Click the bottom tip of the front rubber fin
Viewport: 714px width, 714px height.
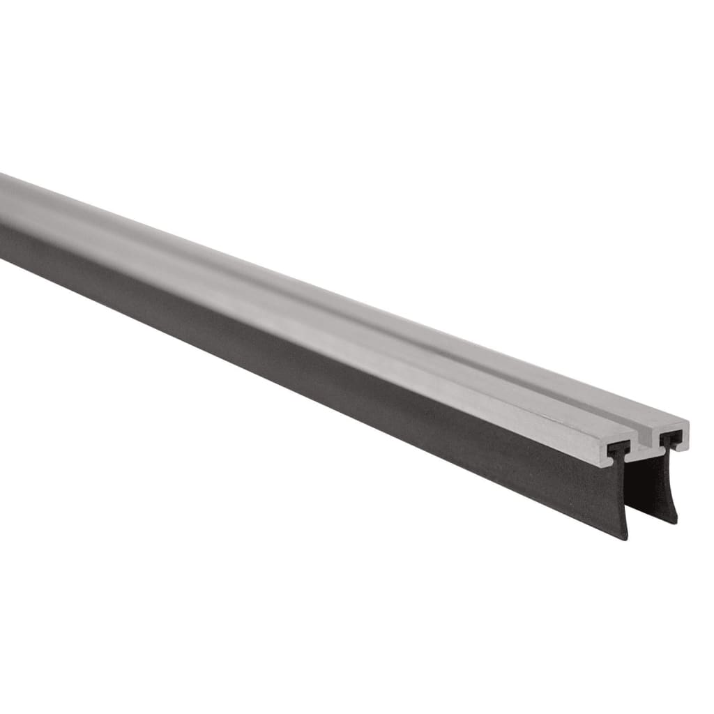625,538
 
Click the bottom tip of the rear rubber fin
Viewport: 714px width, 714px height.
674,522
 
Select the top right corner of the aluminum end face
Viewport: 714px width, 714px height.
688,423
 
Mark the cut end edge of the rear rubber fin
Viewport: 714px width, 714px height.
671,481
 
